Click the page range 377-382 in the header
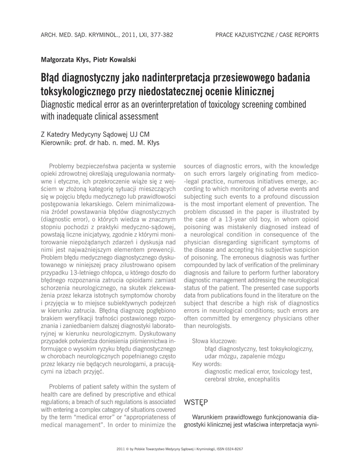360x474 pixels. click(160, 35)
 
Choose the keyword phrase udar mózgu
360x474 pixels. click(219, 356)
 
